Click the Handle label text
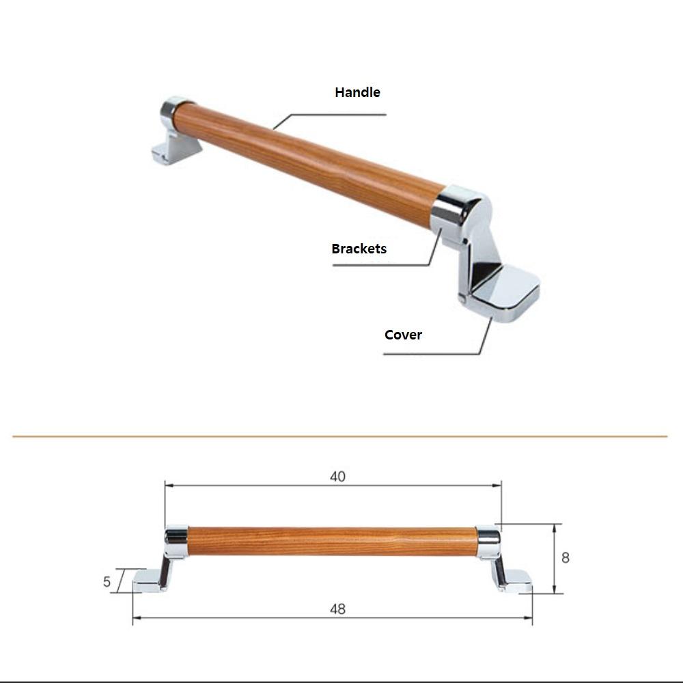[x=357, y=92]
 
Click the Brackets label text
[x=359, y=249]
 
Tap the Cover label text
[x=403, y=335]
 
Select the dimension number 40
[x=337, y=477]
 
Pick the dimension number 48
[x=337, y=609]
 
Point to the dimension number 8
[x=565, y=557]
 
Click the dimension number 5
[x=107, y=582]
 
